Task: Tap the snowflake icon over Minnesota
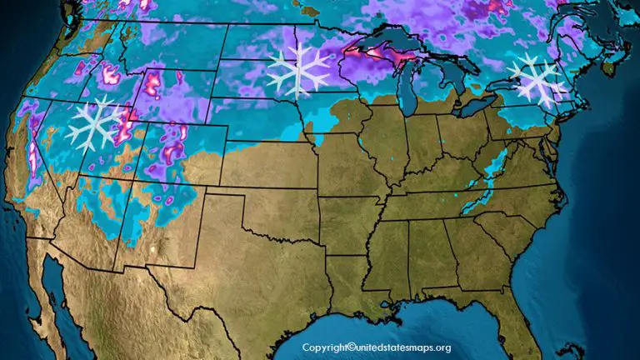pos(297,71)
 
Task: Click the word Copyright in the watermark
pos(323,347)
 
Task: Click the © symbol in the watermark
pos(352,347)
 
